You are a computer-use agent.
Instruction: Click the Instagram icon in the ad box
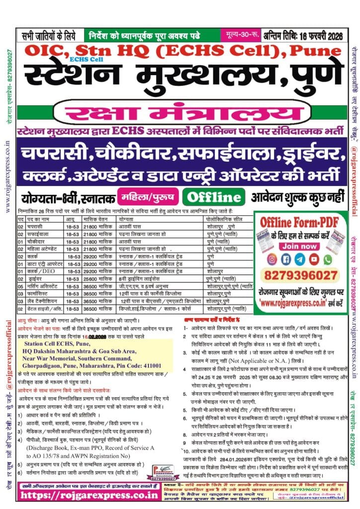click(272, 259)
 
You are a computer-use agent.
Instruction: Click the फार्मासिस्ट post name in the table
click(39, 293)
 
